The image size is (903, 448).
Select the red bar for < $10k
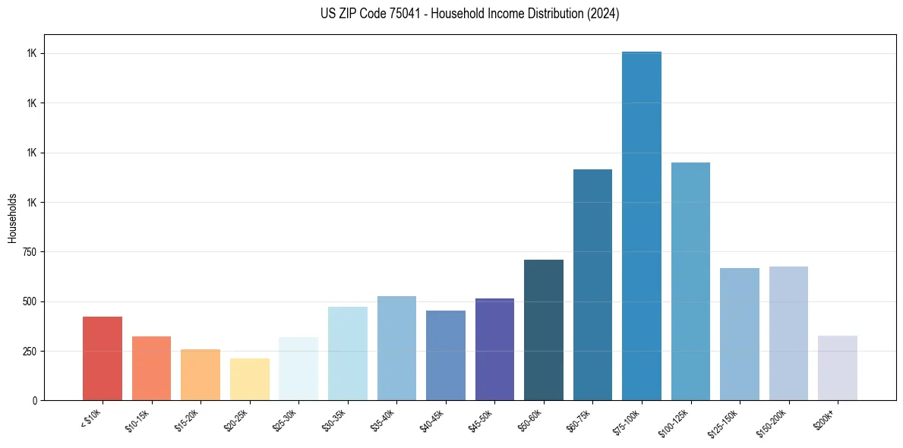click(x=103, y=358)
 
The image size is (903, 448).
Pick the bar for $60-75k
click(x=592, y=285)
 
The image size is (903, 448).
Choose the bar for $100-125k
click(x=690, y=281)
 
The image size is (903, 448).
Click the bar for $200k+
click(x=838, y=368)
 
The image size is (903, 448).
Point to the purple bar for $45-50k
click(x=494, y=349)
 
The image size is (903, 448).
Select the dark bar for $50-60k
click(x=544, y=330)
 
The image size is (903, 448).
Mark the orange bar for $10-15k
click(x=151, y=368)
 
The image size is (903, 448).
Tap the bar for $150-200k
click(x=788, y=333)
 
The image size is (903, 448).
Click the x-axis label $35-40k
click(x=384, y=420)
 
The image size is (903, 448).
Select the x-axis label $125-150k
click(x=725, y=422)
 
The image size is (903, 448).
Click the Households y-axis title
click(x=12, y=217)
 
